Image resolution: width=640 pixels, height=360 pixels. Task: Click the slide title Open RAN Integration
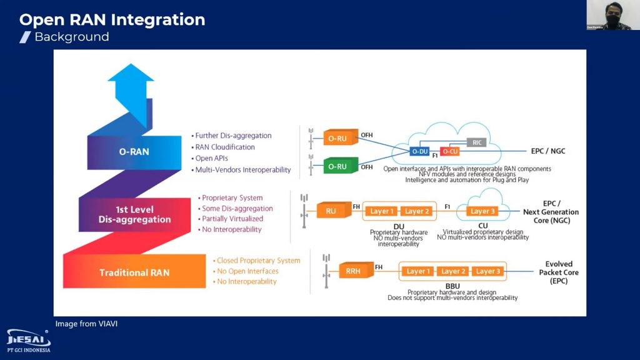click(x=112, y=20)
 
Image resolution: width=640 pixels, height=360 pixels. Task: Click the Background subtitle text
click(x=71, y=37)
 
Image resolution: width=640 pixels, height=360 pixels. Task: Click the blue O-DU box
click(x=419, y=152)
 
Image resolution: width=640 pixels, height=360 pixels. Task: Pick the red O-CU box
click(x=449, y=152)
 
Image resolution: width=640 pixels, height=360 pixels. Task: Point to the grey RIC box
click(x=477, y=142)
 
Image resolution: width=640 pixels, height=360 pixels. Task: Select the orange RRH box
click(x=353, y=271)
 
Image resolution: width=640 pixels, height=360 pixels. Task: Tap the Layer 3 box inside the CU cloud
click(x=482, y=211)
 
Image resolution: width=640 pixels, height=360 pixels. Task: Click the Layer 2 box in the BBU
click(x=453, y=271)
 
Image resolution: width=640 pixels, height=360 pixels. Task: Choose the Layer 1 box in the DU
click(x=382, y=211)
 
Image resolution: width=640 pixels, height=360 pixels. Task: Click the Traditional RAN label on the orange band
click(x=134, y=272)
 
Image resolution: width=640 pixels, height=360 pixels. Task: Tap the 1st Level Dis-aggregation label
click(x=134, y=214)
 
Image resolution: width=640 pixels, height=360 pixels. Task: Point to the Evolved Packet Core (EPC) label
click(x=558, y=272)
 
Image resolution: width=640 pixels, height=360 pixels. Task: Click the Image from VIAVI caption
click(x=86, y=324)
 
